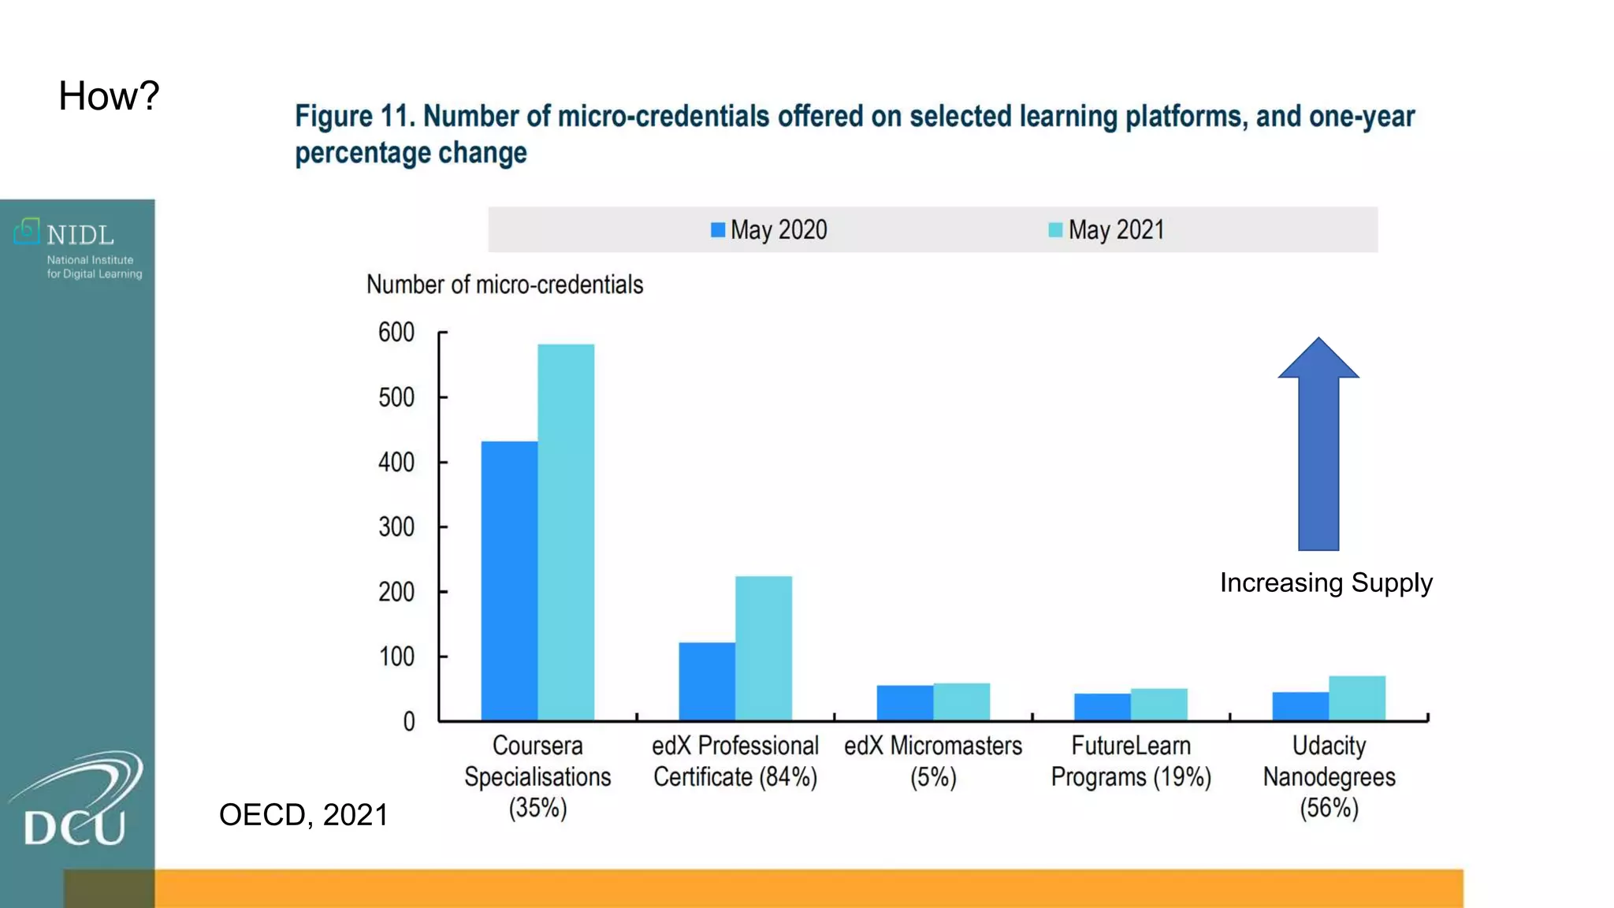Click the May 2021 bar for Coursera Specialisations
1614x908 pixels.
[x=566, y=532]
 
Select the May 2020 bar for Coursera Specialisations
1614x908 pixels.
[x=509, y=581]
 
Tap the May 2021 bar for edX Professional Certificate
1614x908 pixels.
[x=763, y=648]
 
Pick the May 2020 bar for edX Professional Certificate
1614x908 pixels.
[x=707, y=681]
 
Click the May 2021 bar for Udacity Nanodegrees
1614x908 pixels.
[x=1356, y=698]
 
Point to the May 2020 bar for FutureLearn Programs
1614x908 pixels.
[x=1102, y=706]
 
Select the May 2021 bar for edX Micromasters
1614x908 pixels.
[x=961, y=701]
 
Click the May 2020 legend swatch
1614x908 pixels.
[x=718, y=230]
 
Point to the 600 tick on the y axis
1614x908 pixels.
[x=396, y=333]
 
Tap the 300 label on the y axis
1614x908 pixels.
[x=396, y=527]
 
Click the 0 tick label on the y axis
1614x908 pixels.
[x=408, y=721]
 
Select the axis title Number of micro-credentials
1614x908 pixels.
[x=504, y=285]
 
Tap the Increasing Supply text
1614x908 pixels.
[x=1326, y=582]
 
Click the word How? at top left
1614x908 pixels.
[x=109, y=96]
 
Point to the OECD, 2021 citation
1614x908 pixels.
[x=303, y=814]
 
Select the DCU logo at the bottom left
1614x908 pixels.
[x=76, y=800]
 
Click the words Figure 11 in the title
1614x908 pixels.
[x=354, y=117]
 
